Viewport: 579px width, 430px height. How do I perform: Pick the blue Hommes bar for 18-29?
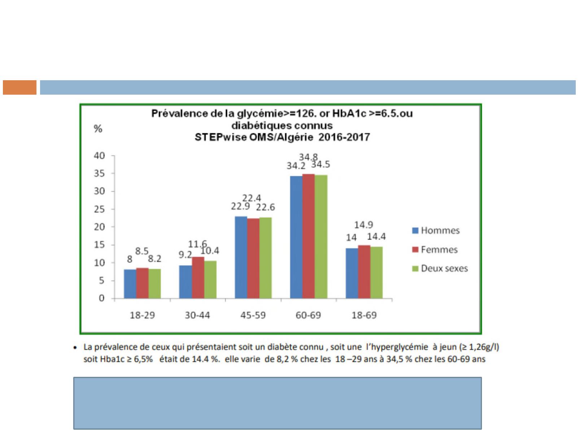pyautogui.click(x=130, y=284)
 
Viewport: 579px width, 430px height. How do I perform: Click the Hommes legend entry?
pyautogui.click(x=436, y=231)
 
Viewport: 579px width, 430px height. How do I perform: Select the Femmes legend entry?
pyautogui.click(x=435, y=250)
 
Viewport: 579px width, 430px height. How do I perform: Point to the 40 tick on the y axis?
pyautogui.click(x=100, y=156)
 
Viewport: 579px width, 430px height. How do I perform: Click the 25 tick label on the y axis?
pyautogui.click(x=100, y=209)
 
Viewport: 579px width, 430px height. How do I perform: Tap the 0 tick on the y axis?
pyautogui.click(x=101, y=298)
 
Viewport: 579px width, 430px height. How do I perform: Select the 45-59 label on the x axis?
pyautogui.click(x=253, y=315)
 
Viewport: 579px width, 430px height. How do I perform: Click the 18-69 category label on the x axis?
pyautogui.click(x=364, y=315)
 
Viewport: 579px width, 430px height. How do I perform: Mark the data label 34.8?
pyautogui.click(x=308, y=157)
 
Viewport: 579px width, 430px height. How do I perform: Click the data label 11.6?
pyautogui.click(x=197, y=244)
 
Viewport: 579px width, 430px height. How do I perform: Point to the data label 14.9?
pyautogui.click(x=363, y=225)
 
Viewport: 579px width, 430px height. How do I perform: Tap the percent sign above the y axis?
pyautogui.click(x=98, y=129)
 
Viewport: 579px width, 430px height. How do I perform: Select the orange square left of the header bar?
pyautogui.click(x=20, y=87)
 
